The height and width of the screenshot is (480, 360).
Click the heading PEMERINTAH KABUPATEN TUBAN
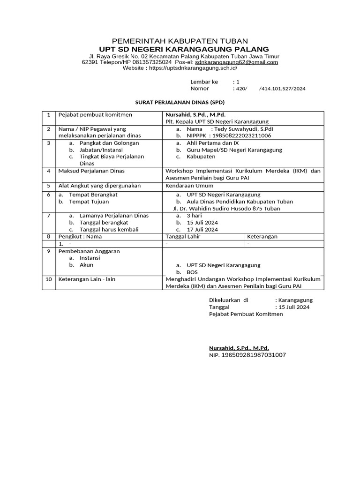click(x=180, y=41)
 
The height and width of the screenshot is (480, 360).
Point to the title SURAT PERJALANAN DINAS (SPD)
click(x=180, y=102)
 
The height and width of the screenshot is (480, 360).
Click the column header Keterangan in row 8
click(x=262, y=237)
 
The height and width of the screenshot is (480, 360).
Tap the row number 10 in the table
click(x=48, y=279)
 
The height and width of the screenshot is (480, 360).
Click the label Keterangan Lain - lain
click(x=86, y=279)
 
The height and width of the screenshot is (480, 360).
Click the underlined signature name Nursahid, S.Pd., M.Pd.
click(x=239, y=348)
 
